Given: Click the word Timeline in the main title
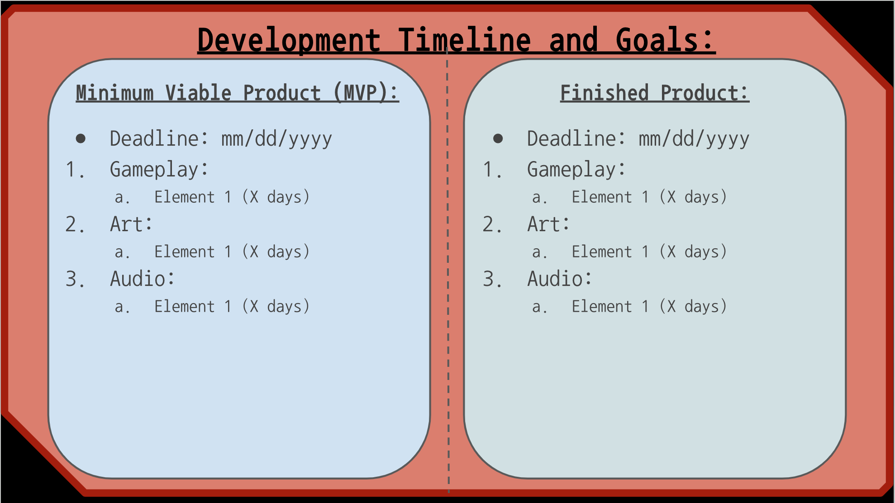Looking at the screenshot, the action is (464, 40).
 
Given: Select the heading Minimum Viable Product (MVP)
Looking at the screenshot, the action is (237, 93).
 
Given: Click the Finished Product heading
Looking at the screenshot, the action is (655, 93).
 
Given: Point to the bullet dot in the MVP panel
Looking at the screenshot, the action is (81, 138).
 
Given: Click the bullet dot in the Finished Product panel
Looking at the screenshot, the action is (498, 138).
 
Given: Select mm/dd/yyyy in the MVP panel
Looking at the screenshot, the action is (276, 139).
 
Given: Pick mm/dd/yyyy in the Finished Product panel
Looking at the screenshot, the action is (694, 139).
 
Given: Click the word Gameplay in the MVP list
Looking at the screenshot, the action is (154, 170).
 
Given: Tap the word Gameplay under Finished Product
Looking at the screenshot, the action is (571, 170).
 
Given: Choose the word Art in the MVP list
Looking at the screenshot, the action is (127, 224).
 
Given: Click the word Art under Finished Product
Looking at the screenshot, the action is (544, 224).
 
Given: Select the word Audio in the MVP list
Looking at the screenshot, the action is (138, 279).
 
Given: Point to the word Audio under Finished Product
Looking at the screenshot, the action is (555, 279).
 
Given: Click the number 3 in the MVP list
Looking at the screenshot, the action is (72, 279).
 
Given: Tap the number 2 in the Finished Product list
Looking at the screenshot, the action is (489, 224).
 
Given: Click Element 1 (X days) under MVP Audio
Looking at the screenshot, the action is (232, 307).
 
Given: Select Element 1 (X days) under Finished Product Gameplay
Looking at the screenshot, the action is (649, 197).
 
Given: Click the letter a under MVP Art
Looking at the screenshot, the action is (119, 252).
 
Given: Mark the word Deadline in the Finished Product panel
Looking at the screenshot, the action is (571, 138).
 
